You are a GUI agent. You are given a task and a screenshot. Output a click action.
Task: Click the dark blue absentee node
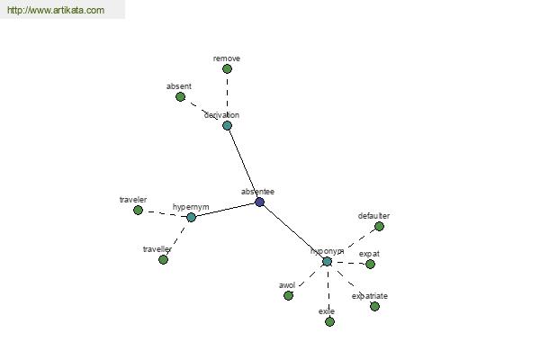(x=260, y=202)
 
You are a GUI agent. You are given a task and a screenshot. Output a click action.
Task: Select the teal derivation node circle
(x=227, y=125)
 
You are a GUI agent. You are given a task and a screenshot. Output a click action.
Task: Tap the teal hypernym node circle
(x=191, y=218)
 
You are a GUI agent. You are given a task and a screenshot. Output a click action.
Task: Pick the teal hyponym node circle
(x=327, y=262)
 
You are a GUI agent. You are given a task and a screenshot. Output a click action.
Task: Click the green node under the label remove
(x=227, y=69)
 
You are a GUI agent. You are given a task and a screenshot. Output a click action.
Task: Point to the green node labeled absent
(x=181, y=97)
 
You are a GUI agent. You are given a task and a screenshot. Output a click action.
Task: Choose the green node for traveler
(x=138, y=210)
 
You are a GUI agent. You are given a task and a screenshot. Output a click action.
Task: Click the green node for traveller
(x=163, y=259)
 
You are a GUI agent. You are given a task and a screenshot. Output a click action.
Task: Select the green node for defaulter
(x=379, y=226)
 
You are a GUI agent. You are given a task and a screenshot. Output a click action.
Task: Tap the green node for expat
(x=370, y=265)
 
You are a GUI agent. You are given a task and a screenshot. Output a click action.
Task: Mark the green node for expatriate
(x=374, y=306)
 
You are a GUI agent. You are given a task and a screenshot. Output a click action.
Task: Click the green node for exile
(x=329, y=322)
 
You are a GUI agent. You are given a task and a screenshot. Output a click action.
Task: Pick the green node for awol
(x=288, y=295)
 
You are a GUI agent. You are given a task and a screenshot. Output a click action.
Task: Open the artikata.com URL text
(x=56, y=10)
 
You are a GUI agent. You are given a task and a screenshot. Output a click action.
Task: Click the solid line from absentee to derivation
(x=243, y=164)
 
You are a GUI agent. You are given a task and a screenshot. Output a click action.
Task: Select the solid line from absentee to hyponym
(x=293, y=232)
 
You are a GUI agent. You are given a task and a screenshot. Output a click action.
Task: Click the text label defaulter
(x=373, y=216)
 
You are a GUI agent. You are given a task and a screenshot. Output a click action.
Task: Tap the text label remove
(x=227, y=58)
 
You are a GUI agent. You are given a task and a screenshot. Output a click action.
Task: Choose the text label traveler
(x=133, y=200)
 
